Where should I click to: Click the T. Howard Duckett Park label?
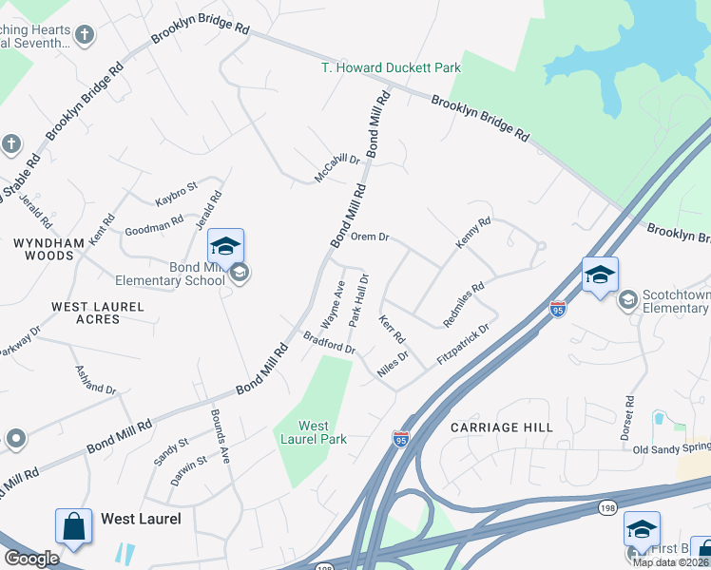coord(391,67)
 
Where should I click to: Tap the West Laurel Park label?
coord(314,432)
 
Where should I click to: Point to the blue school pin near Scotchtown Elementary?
coord(600,276)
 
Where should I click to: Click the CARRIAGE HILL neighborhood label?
coord(502,427)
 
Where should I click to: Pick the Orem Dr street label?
coord(371,237)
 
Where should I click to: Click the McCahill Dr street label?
coord(338,169)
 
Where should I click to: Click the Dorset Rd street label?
coord(628,418)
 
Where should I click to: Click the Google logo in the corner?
coord(31,559)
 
